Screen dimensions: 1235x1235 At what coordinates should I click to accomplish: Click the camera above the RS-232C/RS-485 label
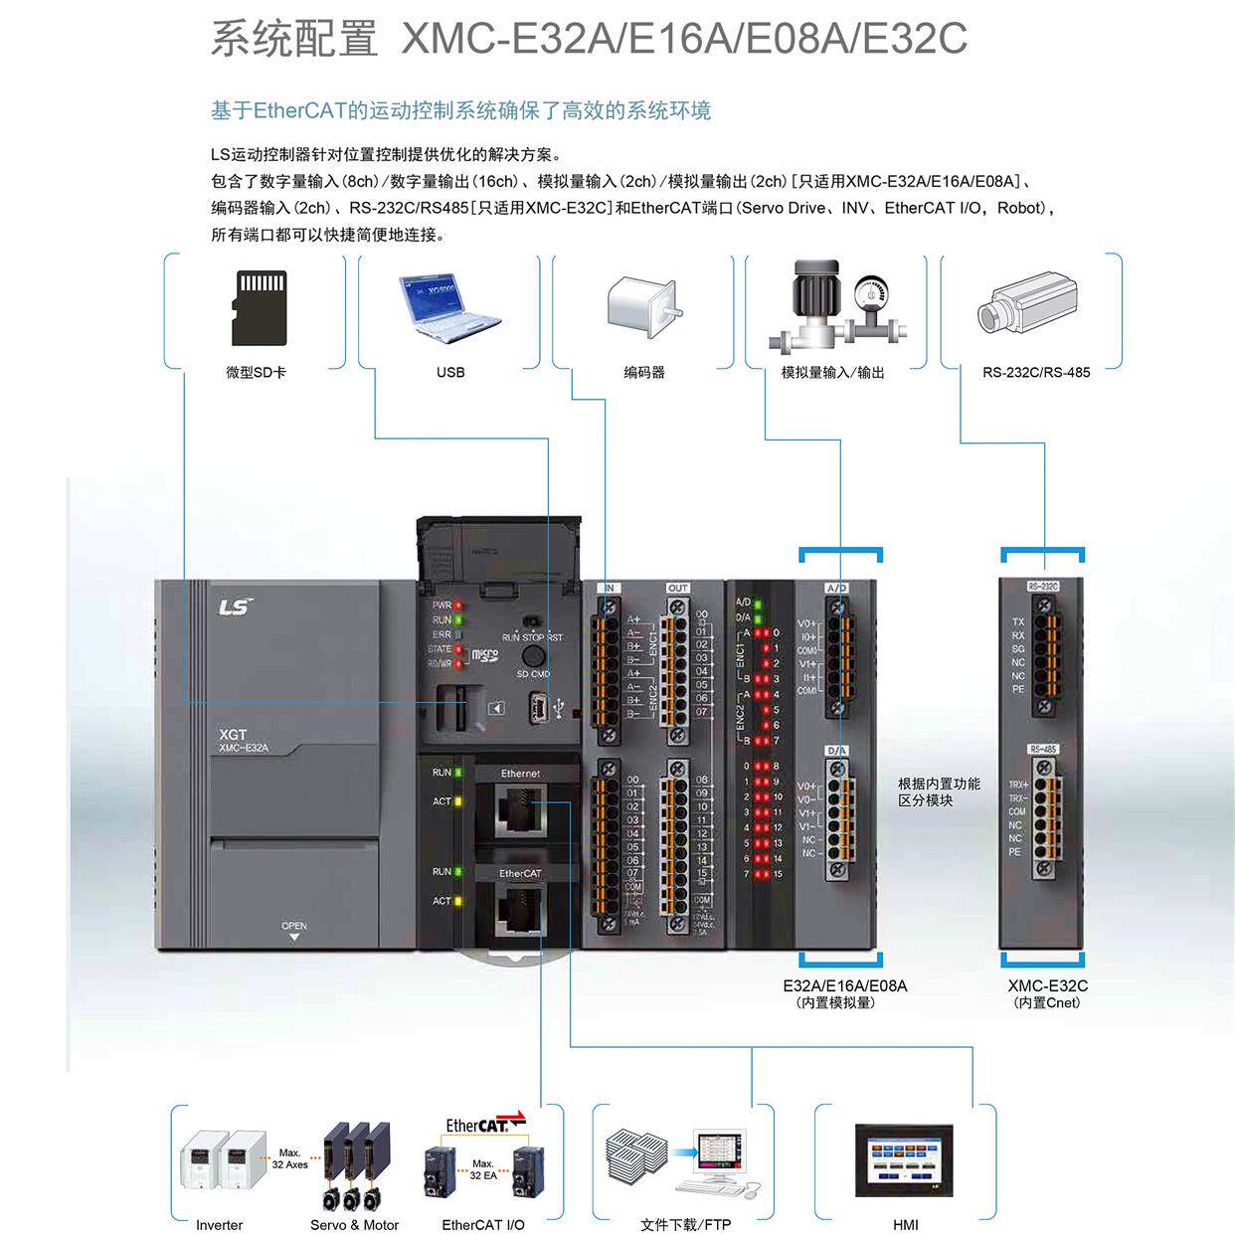coord(1028,302)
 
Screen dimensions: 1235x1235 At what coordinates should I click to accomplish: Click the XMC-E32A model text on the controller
coord(244,748)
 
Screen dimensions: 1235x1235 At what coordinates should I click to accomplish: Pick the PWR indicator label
coord(441,605)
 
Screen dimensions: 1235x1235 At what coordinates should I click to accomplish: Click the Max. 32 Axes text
coord(289,1158)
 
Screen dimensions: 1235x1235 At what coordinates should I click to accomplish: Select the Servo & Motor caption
coord(354,1225)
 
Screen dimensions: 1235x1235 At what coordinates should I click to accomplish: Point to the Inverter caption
coord(219,1225)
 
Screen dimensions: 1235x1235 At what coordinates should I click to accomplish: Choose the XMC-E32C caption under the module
coord(1047,985)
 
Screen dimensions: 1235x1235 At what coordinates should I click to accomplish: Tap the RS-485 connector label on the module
coord(1043,749)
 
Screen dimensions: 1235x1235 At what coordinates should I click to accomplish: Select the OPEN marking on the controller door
coord(294,927)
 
